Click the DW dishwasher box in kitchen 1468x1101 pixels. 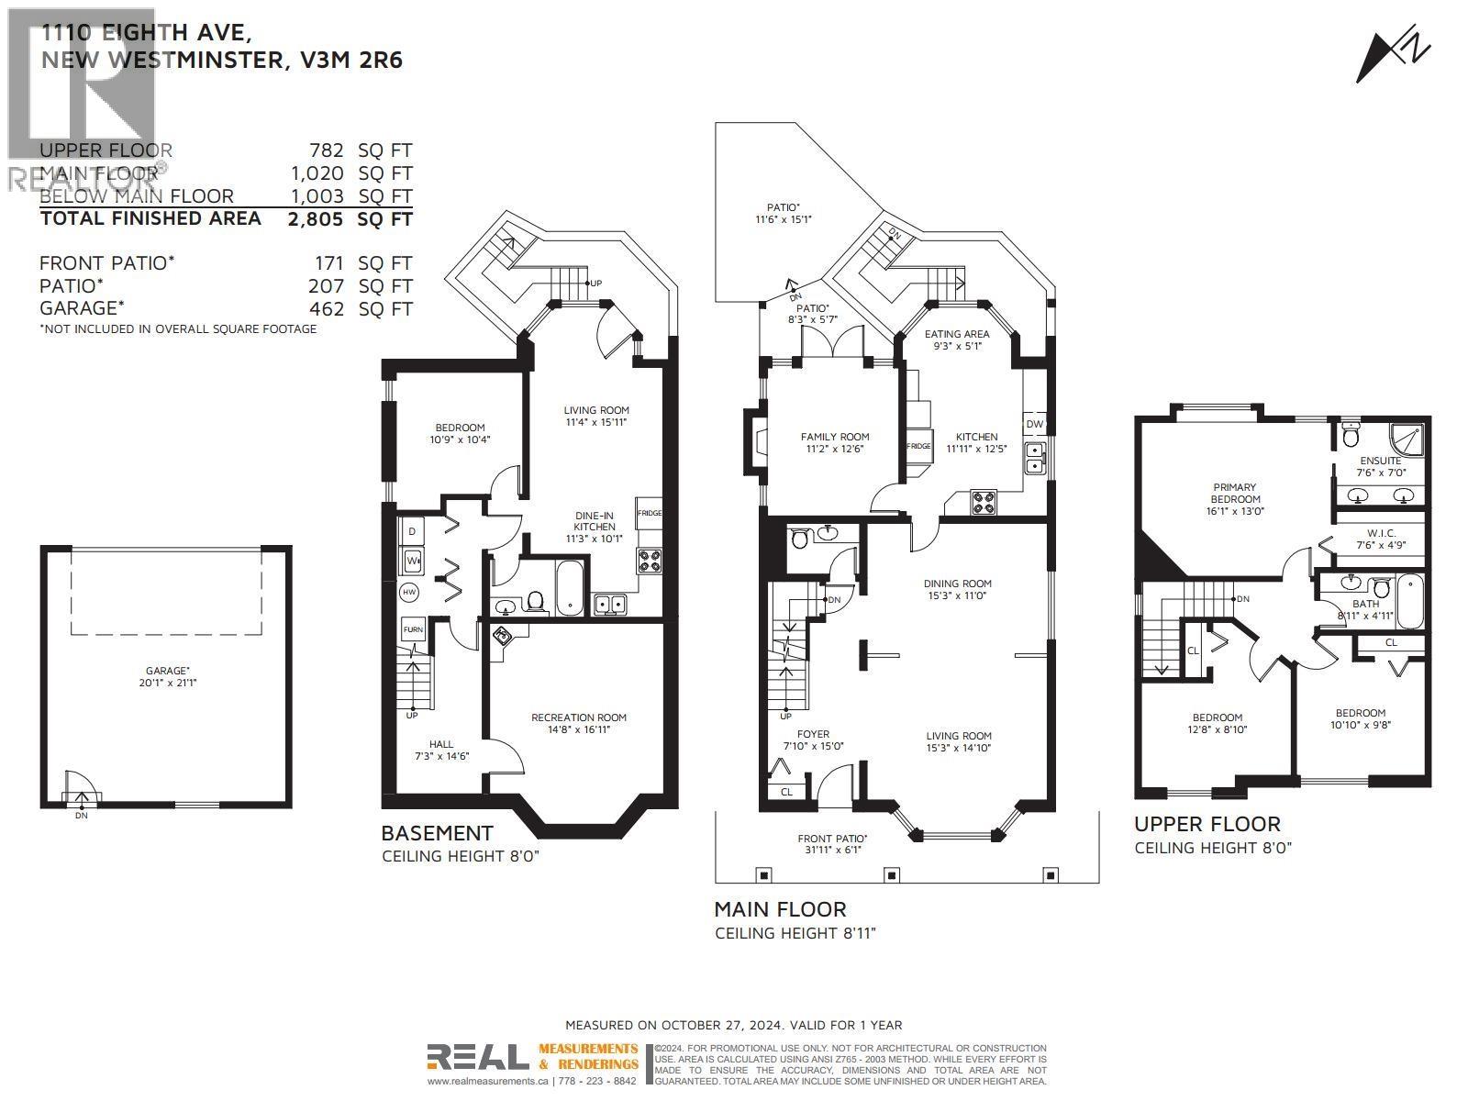[x=1034, y=424]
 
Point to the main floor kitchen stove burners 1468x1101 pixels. [x=984, y=503]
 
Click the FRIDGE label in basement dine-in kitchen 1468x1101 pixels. [x=650, y=514]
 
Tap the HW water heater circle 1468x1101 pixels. [x=409, y=594]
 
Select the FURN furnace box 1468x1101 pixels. [x=413, y=629]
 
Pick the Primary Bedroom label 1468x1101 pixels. [x=1234, y=499]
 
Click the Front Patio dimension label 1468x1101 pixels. [x=832, y=843]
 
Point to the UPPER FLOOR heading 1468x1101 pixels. [x=1207, y=824]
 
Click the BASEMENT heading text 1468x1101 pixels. [x=437, y=833]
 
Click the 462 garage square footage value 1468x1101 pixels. [x=327, y=309]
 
